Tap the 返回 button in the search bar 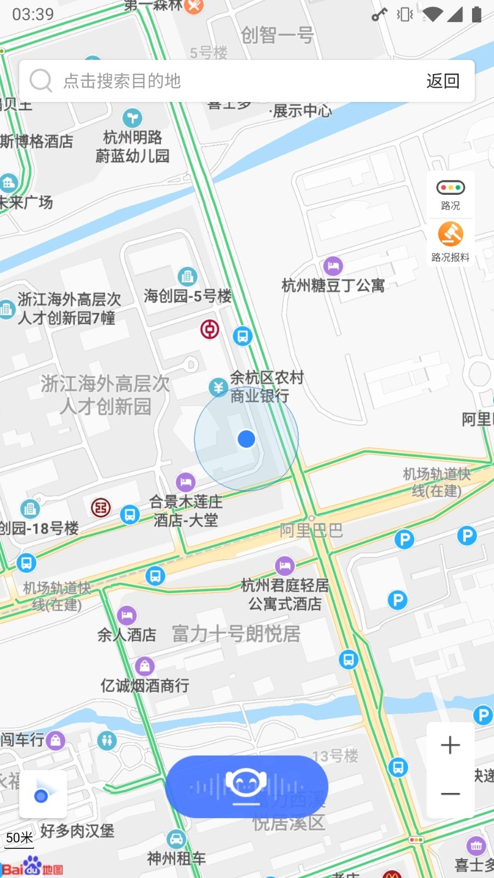(442, 81)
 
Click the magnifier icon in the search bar (41, 81)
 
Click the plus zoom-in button (450, 745)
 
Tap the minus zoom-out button (450, 793)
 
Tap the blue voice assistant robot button (246, 786)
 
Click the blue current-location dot (246, 438)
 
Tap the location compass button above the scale (43, 795)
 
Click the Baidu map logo (33, 868)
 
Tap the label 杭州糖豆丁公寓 (333, 285)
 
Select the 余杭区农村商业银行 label (266, 386)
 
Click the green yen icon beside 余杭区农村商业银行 (218, 387)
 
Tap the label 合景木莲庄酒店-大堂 (186, 510)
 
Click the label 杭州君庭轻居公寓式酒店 (285, 594)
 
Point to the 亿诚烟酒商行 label (145, 685)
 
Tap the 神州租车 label (176, 858)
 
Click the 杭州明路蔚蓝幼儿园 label (132, 147)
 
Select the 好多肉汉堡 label (77, 831)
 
